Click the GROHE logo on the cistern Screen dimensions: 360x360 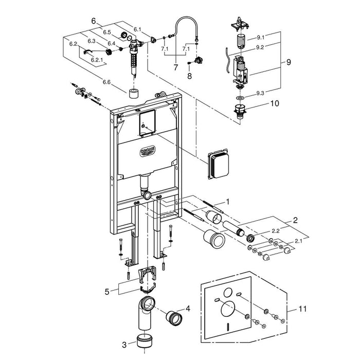(x=148, y=152)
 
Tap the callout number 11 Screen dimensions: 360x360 (x=302, y=309)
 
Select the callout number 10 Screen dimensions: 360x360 (x=275, y=103)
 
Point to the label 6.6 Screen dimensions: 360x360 (x=106, y=82)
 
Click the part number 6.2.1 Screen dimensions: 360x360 (x=97, y=60)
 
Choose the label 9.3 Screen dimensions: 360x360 (x=260, y=93)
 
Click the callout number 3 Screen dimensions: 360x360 (x=124, y=345)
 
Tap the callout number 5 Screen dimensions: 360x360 (x=107, y=292)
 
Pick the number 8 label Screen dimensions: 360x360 (x=189, y=76)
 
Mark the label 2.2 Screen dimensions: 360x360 (x=275, y=231)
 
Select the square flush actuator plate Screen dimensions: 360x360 (x=218, y=164)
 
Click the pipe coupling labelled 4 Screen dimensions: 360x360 (x=174, y=318)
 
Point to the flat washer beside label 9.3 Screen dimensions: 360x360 (x=240, y=98)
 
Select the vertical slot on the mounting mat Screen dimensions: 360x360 (x=227, y=326)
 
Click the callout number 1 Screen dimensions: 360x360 (x=227, y=202)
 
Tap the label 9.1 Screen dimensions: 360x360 (x=261, y=38)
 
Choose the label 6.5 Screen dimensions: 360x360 (x=107, y=32)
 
